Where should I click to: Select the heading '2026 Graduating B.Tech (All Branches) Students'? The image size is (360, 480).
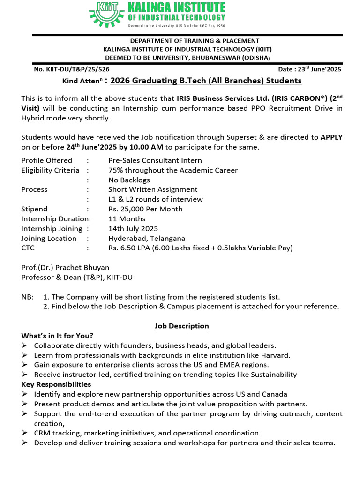[x=206, y=81]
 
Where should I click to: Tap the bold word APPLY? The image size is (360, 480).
[x=331, y=137]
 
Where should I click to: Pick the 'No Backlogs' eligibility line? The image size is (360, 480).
[x=129, y=180]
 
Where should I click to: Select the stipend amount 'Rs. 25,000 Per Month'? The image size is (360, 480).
[x=145, y=209]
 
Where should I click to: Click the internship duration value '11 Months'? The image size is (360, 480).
[x=127, y=219]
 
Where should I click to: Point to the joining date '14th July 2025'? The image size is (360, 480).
[x=133, y=229]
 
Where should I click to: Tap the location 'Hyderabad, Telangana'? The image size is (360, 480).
[x=147, y=239]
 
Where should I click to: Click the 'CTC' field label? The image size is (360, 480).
[x=28, y=248]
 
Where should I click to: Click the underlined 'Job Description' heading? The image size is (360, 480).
[x=182, y=326]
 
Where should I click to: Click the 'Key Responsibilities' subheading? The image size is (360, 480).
[x=56, y=384]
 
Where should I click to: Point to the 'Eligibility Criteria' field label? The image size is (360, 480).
[x=50, y=170]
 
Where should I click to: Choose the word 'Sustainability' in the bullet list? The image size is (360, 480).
[x=274, y=375]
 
